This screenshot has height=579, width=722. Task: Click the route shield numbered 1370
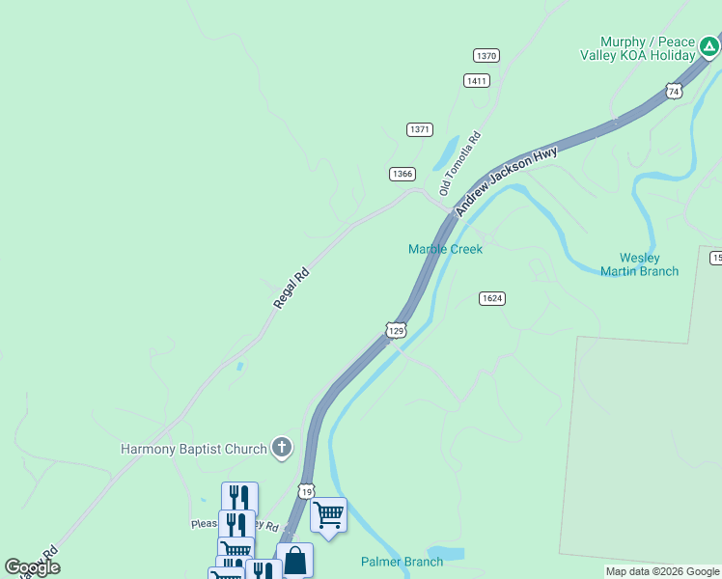point(486,56)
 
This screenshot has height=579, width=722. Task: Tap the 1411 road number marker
point(476,80)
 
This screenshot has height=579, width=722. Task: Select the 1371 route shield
point(420,129)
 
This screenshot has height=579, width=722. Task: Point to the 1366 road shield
point(403,174)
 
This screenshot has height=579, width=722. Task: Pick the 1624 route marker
point(491,298)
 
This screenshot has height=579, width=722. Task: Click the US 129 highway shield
point(396,330)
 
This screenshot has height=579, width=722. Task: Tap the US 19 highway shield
point(306,491)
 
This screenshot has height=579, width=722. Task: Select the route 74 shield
point(674,91)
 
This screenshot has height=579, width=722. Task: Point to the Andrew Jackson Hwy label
point(506,180)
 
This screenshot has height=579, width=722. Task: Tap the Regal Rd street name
point(291,288)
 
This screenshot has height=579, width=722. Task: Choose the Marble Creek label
point(445,249)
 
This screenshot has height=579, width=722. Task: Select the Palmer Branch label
point(402,562)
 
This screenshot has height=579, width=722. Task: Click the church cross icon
point(281,447)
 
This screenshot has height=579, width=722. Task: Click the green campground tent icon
point(709,45)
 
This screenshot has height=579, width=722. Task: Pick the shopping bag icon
point(294,560)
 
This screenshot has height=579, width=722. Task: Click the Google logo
point(32,567)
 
